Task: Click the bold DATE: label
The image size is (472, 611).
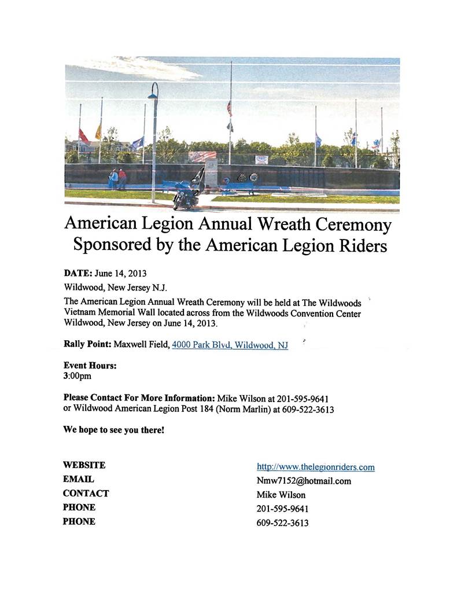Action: (x=78, y=273)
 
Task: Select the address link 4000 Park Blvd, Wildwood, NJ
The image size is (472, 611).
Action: (x=230, y=345)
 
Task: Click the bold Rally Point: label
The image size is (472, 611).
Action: (x=87, y=344)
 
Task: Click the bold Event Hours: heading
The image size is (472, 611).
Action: (x=90, y=366)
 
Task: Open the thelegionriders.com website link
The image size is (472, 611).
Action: (x=315, y=467)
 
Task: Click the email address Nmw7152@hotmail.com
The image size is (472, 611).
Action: (x=304, y=481)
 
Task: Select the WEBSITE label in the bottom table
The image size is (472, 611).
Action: (x=84, y=465)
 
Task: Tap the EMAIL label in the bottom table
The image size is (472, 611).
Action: (x=78, y=479)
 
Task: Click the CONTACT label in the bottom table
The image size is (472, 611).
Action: (x=86, y=494)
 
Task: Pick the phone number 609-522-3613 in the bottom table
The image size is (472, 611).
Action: (x=282, y=523)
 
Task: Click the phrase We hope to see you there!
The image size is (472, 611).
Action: (x=113, y=430)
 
